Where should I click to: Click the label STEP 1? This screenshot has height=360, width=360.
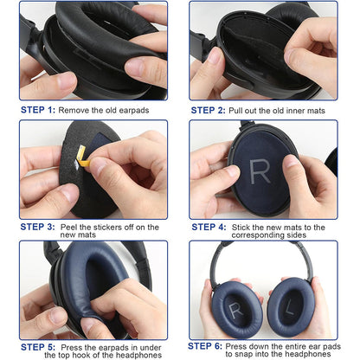[x=38, y=111]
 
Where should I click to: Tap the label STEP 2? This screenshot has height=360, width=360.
[x=208, y=111]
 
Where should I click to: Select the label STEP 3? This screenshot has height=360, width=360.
[x=38, y=227]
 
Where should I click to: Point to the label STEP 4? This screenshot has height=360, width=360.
[x=208, y=227]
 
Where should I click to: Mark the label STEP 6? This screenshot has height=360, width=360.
[x=208, y=344]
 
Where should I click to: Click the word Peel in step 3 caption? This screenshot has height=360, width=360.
[x=72, y=227]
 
